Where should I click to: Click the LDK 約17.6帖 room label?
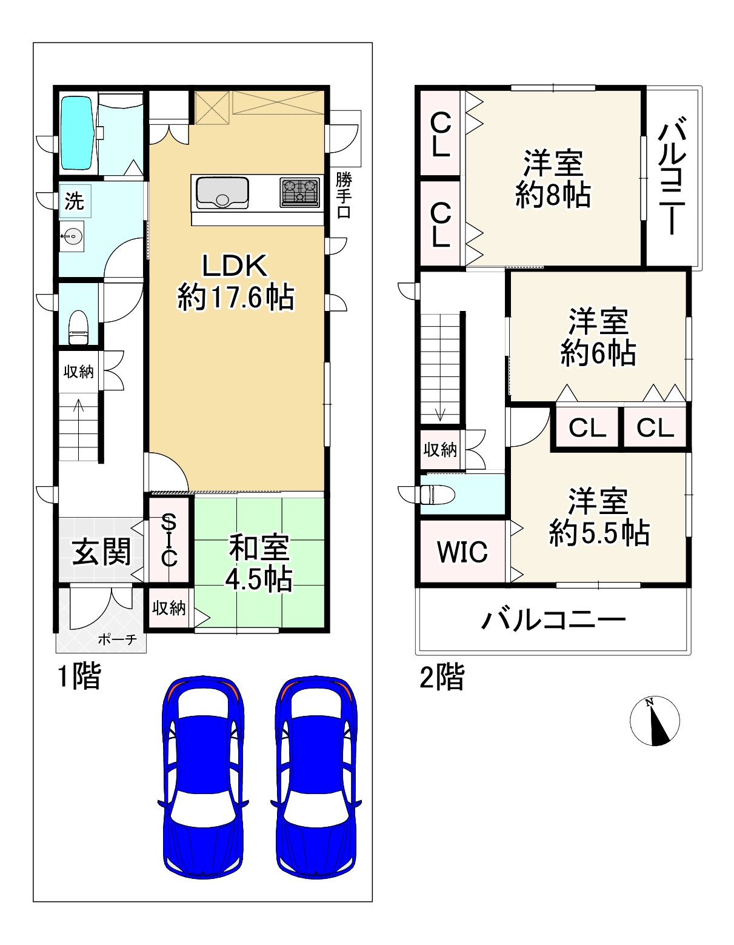[235, 282]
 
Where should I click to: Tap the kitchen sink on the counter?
[221, 192]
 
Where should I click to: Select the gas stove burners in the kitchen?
[299, 192]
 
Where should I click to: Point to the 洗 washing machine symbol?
[75, 201]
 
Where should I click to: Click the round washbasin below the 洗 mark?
[72, 235]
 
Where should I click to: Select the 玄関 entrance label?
[101, 552]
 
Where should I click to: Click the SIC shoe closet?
[169, 539]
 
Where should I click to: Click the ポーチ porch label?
[117, 639]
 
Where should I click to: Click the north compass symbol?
[654, 721]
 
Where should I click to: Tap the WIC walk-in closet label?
[462, 552]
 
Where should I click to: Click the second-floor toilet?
[438, 494]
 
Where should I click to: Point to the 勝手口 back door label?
[344, 196]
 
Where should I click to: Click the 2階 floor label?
[442, 677]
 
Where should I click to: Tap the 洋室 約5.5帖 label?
[599, 517]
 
